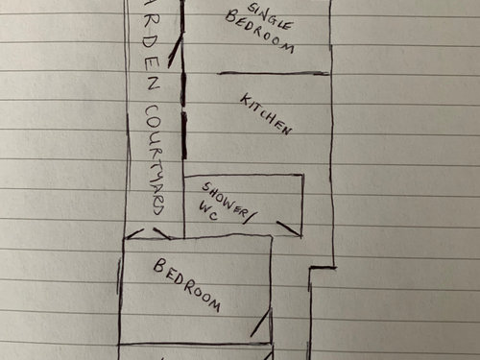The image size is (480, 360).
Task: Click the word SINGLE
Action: click(271, 16)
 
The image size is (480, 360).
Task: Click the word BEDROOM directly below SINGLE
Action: click(259, 32)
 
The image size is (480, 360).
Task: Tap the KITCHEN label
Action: click(266, 114)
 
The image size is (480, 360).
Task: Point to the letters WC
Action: click(208, 210)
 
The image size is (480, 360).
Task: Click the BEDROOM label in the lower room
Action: click(187, 285)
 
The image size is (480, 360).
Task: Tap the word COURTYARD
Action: click(155, 159)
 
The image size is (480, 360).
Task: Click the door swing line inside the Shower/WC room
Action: click(289, 228)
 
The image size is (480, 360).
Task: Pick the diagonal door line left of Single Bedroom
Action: click(175, 51)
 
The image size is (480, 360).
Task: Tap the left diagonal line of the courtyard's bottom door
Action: click(134, 234)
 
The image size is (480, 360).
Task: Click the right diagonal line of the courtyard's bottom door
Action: click(162, 233)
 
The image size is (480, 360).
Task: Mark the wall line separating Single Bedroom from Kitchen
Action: click(274, 74)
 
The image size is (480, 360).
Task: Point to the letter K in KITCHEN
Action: click(245, 100)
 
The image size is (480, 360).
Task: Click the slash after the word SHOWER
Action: click(249, 217)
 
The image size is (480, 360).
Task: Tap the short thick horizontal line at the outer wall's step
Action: click(323, 268)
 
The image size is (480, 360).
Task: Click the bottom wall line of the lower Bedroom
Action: click(195, 345)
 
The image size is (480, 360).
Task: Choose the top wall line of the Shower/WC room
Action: click(244, 176)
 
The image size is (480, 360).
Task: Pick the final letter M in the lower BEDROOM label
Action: click(214, 305)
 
